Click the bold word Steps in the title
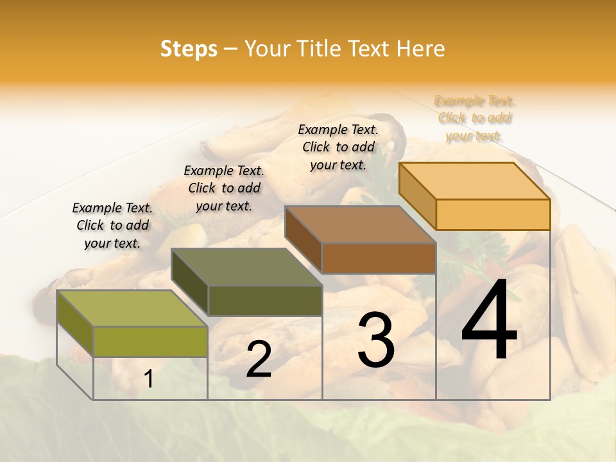189,49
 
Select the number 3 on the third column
376,339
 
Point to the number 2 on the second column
259,359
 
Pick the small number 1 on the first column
149,379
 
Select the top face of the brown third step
359,225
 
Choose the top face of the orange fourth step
474,181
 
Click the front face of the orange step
493,214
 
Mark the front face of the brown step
379,258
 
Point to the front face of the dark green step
264,300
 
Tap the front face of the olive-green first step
150,341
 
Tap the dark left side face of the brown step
303,239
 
